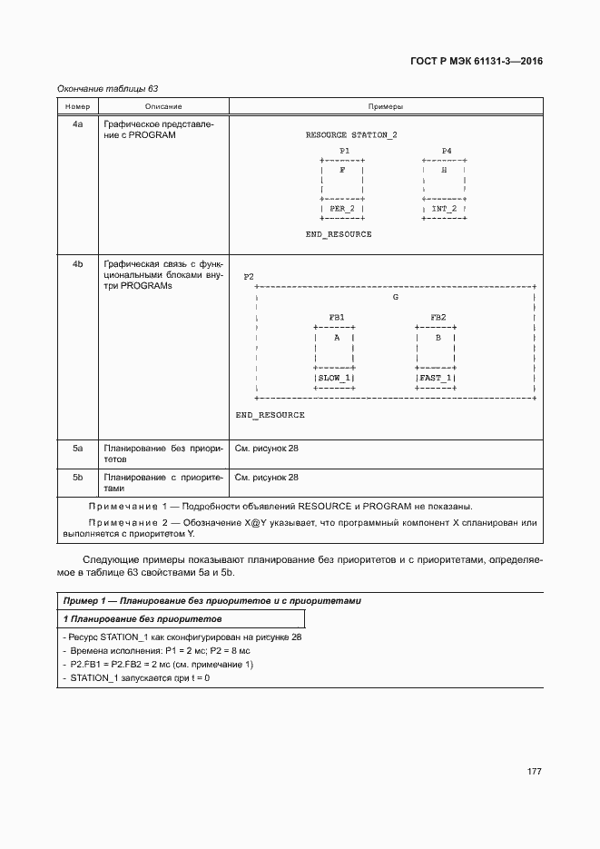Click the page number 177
tap(534, 771)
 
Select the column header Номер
tap(77, 107)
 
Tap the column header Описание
tap(162, 107)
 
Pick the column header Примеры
tap(386, 107)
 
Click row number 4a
tap(77, 123)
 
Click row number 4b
tap(77, 264)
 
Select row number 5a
tap(77, 448)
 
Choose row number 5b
tap(77, 476)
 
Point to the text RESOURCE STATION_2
tap(350, 134)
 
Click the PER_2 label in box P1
tap(342, 208)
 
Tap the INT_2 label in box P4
tap(444, 208)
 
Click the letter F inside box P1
tap(341, 170)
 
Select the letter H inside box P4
tap(444, 170)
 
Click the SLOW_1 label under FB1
tap(334, 377)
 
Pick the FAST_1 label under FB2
tap(436, 377)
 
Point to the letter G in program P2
tap(395, 297)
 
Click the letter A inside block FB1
tap(336, 337)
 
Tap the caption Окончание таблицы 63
tap(108, 88)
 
